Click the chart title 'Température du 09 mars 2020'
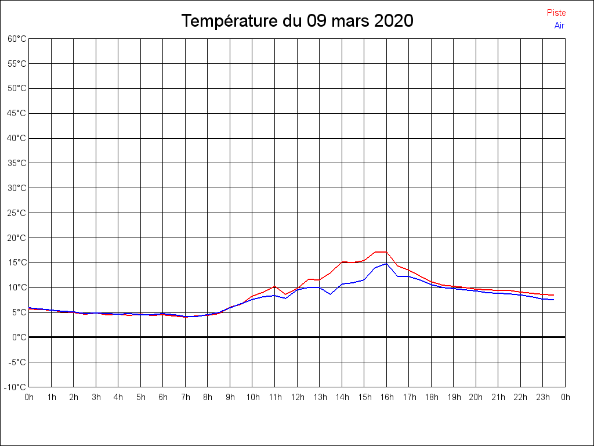pos(297,21)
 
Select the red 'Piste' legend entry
pos(556,13)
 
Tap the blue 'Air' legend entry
pos(559,26)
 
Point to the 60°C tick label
pos(17,39)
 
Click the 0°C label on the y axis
pos(19,337)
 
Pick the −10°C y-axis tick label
pos(16,387)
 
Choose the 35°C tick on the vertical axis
pos(17,163)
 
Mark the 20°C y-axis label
pos(17,238)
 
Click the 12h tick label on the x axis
pos(297,397)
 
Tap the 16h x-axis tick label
pos(387,397)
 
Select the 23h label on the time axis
pos(543,397)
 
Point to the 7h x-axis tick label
pos(186,397)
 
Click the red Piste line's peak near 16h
pos(381,252)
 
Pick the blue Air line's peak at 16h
pos(386,264)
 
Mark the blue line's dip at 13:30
pos(330,294)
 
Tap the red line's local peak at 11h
pos(275,286)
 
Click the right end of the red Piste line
pos(553,295)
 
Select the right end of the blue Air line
pos(553,300)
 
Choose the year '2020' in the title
pos(393,21)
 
